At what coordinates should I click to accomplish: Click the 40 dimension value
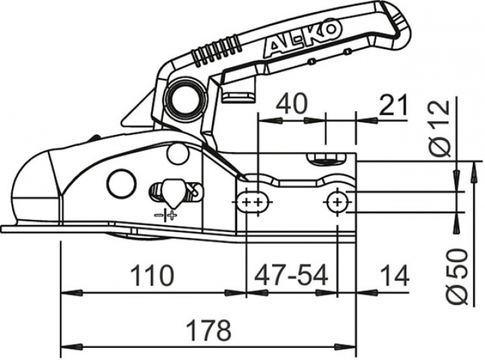(x=292, y=104)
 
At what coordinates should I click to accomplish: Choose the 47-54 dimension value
(x=291, y=275)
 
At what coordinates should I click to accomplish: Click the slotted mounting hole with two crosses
(x=253, y=201)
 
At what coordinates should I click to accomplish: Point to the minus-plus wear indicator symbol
(x=165, y=216)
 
